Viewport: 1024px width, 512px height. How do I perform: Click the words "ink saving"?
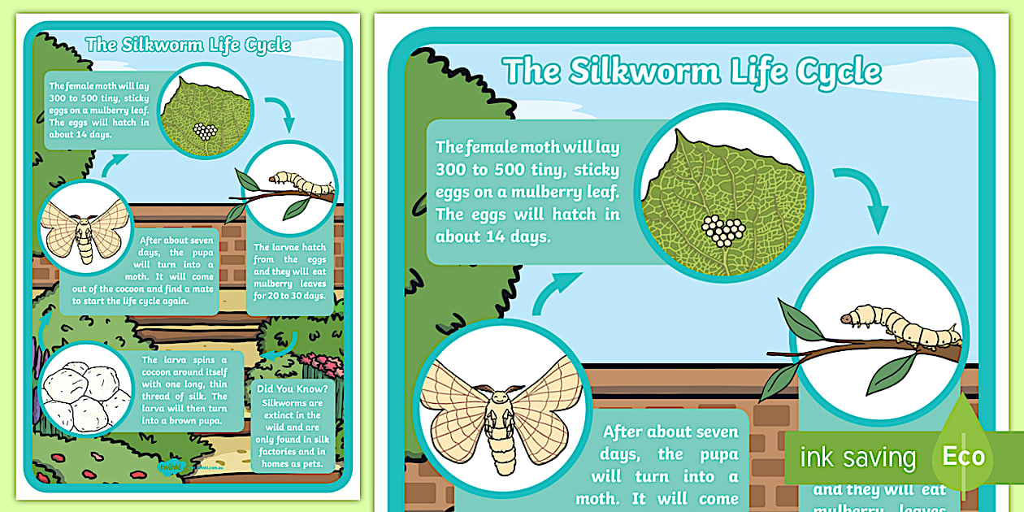coord(857,458)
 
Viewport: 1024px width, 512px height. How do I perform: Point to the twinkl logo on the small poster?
coord(171,466)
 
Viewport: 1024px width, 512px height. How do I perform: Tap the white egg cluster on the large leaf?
coord(722,231)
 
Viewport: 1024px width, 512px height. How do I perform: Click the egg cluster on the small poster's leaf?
coord(206,131)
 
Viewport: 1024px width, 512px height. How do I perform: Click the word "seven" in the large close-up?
coord(708,432)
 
